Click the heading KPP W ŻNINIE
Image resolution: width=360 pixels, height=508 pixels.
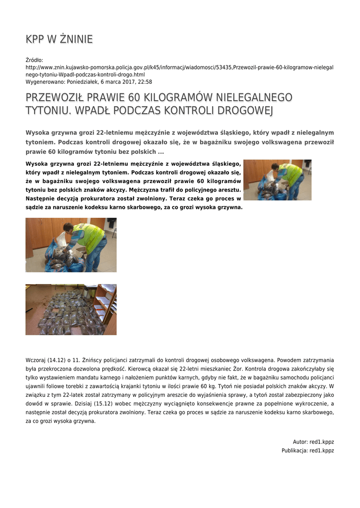(59, 40)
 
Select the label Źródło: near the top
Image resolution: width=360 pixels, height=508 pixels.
(34, 60)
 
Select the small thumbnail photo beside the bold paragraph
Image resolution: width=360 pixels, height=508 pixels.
(277, 180)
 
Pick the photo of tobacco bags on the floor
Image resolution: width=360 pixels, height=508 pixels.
(71, 309)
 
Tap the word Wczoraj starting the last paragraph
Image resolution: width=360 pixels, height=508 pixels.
(36, 360)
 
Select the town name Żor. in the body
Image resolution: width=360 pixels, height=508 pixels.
(246, 369)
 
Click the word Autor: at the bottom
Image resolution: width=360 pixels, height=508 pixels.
(300, 442)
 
